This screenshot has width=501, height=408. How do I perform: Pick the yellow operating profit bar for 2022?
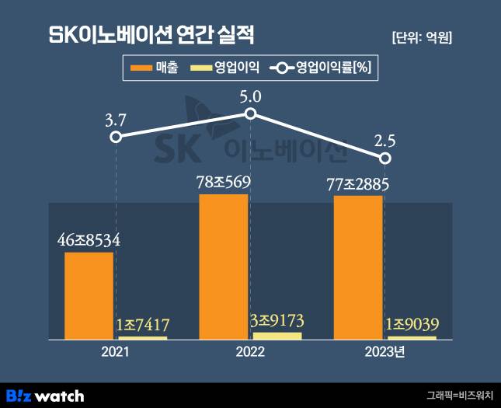[x=277, y=336]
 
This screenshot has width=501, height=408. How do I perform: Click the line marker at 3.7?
[x=116, y=137]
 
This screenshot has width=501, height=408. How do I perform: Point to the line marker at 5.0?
[x=250, y=114]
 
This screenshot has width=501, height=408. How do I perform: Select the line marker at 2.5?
[x=385, y=159]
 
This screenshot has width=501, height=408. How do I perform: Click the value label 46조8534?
[x=89, y=241]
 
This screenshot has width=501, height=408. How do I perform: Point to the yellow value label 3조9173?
[x=277, y=320]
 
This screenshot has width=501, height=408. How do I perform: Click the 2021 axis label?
[x=115, y=352]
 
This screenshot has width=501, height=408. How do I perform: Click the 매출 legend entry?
[x=153, y=68]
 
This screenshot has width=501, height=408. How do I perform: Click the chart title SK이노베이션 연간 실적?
[x=151, y=36]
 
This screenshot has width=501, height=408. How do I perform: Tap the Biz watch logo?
[x=45, y=396]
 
